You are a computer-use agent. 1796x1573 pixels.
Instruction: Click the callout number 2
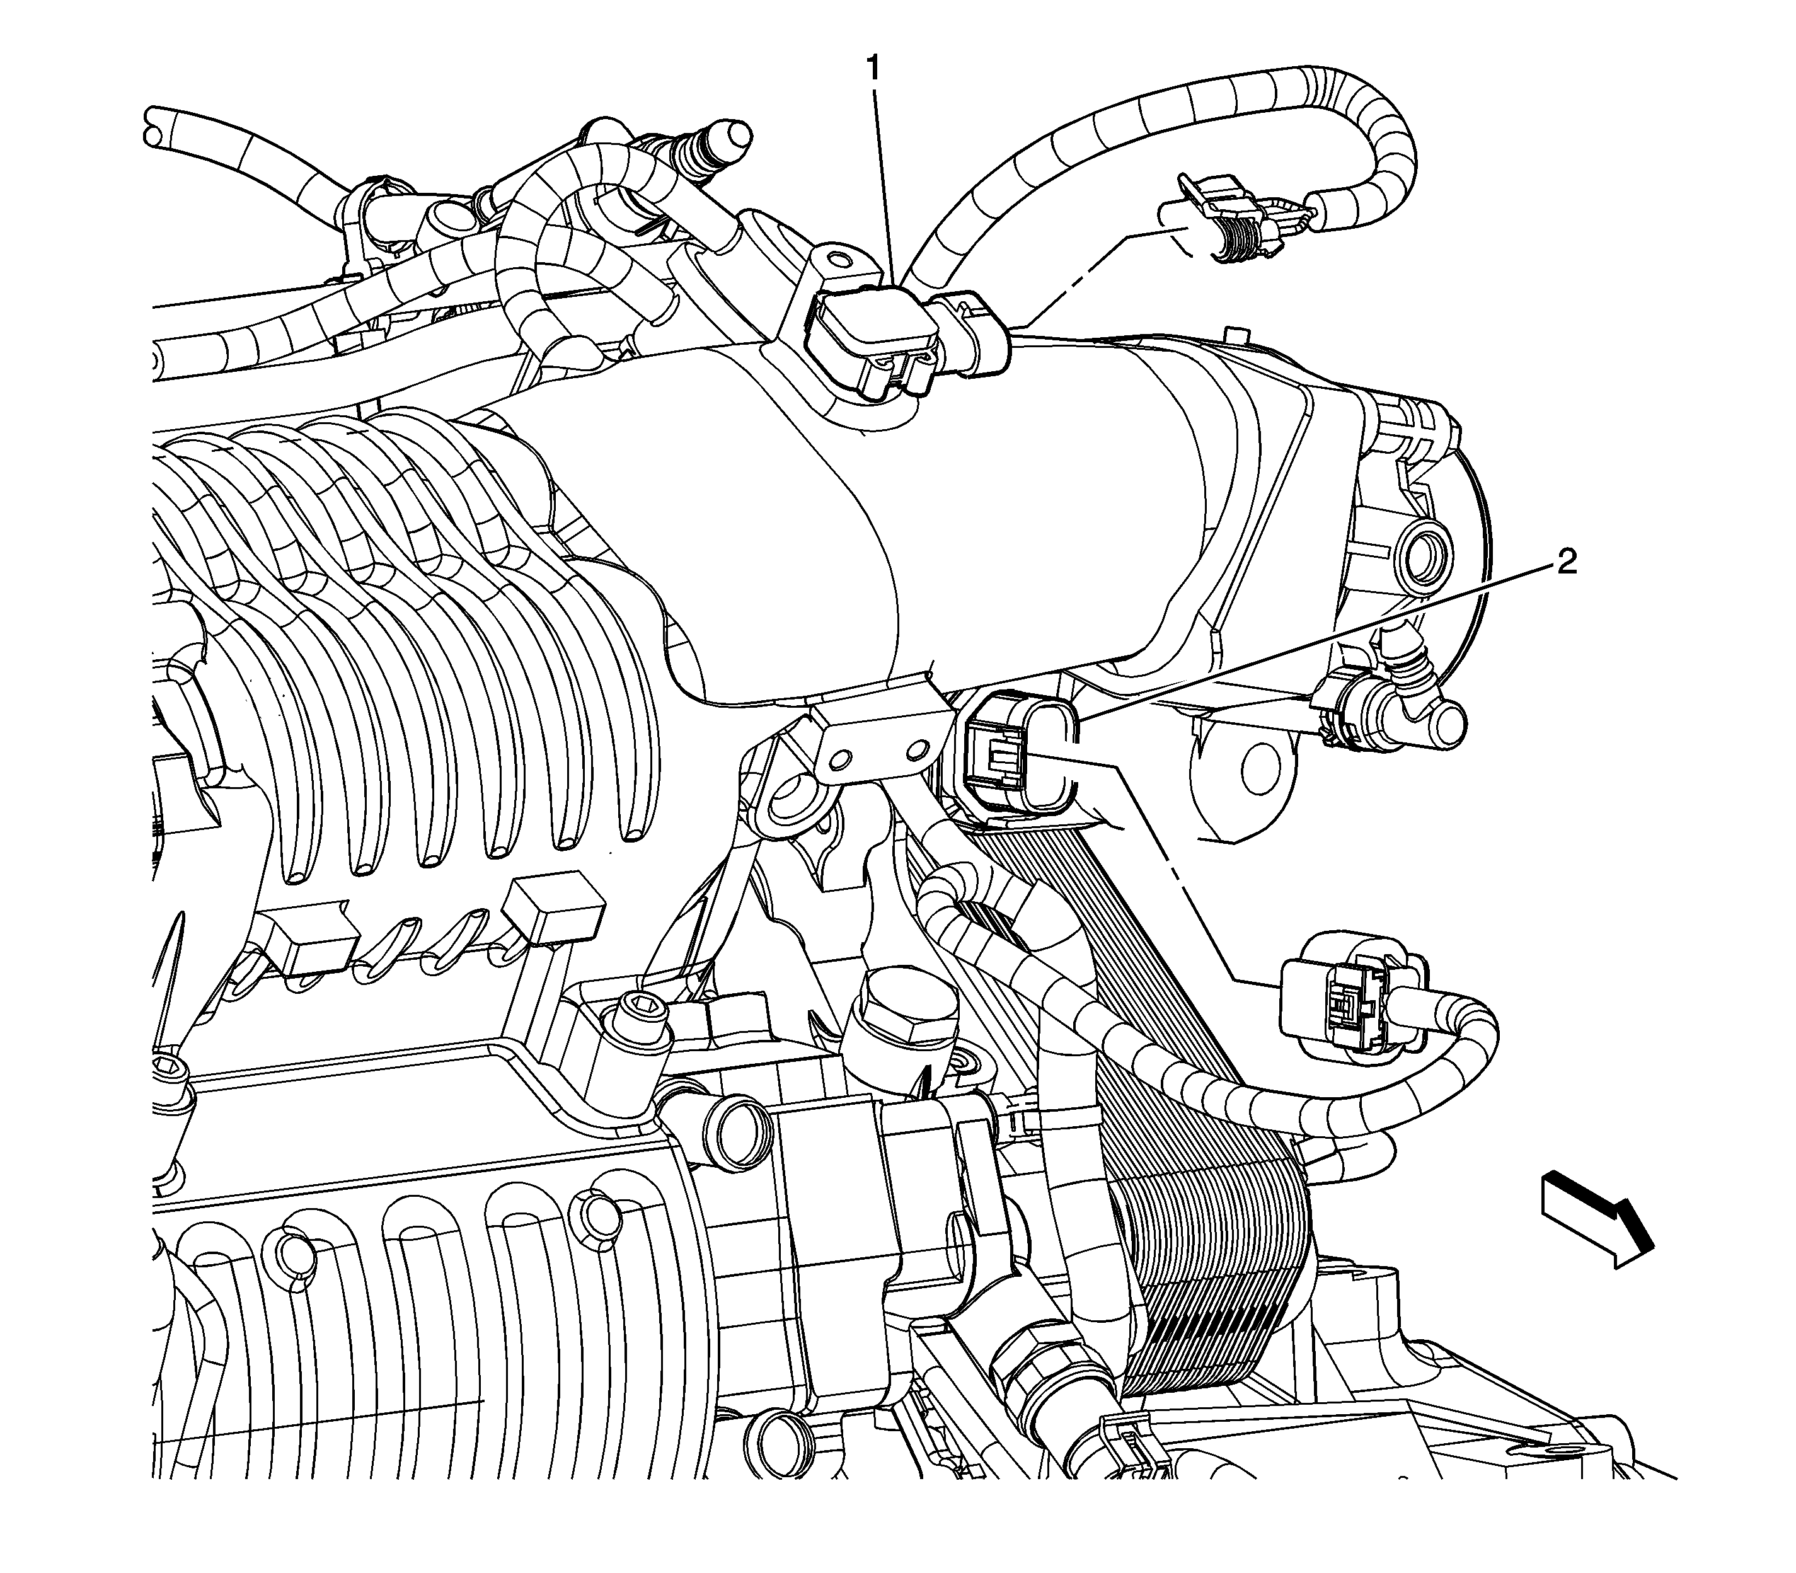(x=1566, y=563)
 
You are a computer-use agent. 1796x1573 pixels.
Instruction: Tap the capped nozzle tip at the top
(x=728, y=134)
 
